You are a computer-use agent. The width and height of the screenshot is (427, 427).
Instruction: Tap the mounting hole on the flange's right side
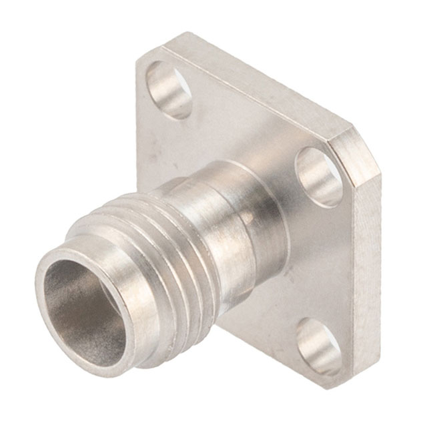click(x=319, y=176)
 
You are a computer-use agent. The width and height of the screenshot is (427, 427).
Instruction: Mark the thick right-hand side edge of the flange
click(x=364, y=267)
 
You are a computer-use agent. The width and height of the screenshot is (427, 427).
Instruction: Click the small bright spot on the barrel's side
click(x=248, y=217)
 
